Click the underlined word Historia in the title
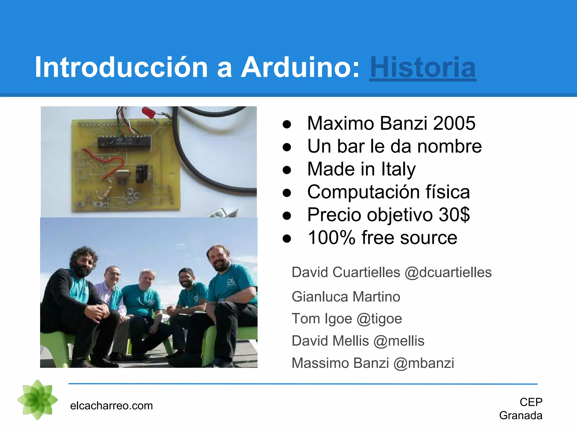point(423,68)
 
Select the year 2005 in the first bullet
point(454,123)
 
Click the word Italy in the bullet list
point(398,169)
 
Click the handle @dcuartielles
point(448,273)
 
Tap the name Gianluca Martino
point(346,297)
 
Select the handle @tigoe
point(379,319)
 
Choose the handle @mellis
point(399,341)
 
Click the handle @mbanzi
point(424,363)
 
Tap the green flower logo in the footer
point(37,399)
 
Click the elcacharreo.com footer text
point(111,406)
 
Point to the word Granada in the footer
point(521,416)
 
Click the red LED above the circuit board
point(147,111)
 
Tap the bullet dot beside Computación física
point(287,193)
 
